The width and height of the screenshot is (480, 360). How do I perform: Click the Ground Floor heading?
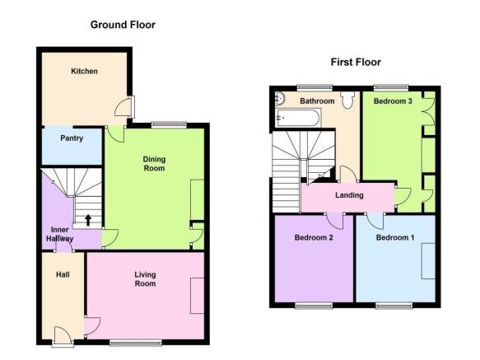coord(123,25)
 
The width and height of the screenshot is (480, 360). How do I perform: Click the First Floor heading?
coord(356,62)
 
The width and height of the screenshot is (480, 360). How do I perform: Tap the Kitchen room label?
coord(84,71)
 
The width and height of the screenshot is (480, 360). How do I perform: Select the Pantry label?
coord(72,138)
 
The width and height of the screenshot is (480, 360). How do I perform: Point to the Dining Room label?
coord(154,164)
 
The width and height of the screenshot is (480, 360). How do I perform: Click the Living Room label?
coord(145,279)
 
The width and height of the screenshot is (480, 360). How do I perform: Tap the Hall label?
coord(63,274)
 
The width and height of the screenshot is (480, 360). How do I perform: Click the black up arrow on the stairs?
coord(88,220)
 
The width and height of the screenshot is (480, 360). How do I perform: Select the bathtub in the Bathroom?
coord(298,118)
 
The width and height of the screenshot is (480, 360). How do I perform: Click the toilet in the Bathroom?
coord(347,100)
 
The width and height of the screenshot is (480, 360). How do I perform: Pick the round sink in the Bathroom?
coord(280,98)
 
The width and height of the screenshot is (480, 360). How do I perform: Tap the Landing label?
coord(349,195)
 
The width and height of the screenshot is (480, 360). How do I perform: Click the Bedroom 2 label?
coord(314,237)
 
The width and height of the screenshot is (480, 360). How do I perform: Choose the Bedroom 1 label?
coord(395,237)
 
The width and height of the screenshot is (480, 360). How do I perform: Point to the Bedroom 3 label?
coord(393,101)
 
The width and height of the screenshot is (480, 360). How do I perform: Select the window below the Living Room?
coord(136,343)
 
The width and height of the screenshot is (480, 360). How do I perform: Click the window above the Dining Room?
coord(169,125)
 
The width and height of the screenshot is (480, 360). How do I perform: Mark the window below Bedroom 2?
coord(314,306)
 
